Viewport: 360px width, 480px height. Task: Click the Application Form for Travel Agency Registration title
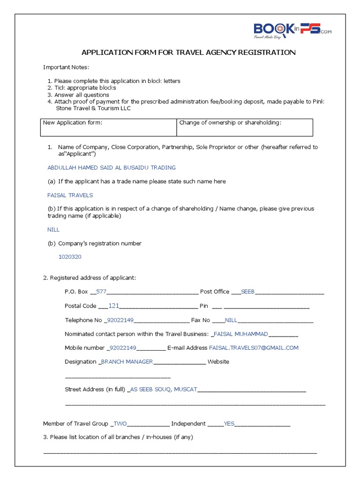tap(188, 52)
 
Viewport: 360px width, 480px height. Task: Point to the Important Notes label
tap(66, 67)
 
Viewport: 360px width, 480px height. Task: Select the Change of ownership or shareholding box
tap(245, 127)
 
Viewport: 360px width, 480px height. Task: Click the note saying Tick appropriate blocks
tap(85, 88)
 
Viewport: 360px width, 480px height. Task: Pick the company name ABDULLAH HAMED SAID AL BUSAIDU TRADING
tap(112, 167)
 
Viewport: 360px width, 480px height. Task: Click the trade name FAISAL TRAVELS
tap(70, 195)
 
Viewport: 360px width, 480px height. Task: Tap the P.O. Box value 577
tap(101, 292)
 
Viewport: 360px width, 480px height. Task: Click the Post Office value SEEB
tap(247, 292)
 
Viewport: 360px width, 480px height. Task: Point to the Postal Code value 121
tap(114, 306)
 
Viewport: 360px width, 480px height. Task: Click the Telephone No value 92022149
tap(120, 320)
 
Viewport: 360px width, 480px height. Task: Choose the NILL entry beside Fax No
tap(231, 320)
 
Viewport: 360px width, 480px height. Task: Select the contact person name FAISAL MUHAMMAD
tap(240, 334)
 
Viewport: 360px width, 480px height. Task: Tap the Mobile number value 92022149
tap(122, 348)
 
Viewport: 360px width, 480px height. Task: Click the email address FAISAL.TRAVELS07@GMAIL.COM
tap(254, 348)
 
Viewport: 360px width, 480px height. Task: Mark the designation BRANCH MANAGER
tap(127, 362)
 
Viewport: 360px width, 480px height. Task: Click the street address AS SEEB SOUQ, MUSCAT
tap(164, 390)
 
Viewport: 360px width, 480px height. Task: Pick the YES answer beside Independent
tap(229, 424)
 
